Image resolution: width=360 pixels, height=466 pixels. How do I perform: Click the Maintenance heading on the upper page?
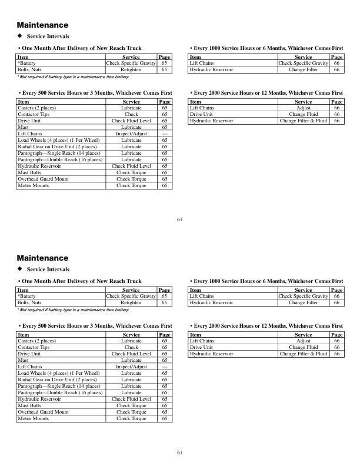42,25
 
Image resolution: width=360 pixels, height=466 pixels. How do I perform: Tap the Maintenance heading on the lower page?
42,258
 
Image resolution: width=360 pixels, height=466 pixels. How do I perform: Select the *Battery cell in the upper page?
26,62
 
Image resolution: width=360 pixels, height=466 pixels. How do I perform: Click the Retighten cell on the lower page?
131,302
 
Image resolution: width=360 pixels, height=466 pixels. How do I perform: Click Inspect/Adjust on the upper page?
131,134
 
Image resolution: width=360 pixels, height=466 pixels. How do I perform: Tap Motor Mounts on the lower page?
34,418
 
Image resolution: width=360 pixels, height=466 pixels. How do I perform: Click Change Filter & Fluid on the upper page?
303,121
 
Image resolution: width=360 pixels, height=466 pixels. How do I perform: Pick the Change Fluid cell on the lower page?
303,347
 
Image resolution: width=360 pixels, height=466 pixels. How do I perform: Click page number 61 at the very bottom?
179,452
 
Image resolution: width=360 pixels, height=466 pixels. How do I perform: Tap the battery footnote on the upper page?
73,76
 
